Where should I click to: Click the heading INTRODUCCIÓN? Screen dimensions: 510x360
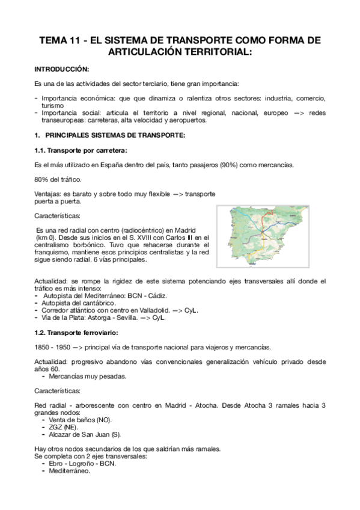[61, 69]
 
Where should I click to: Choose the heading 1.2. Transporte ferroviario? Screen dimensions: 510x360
[82, 333]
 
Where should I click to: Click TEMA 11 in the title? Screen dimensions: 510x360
[59, 41]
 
